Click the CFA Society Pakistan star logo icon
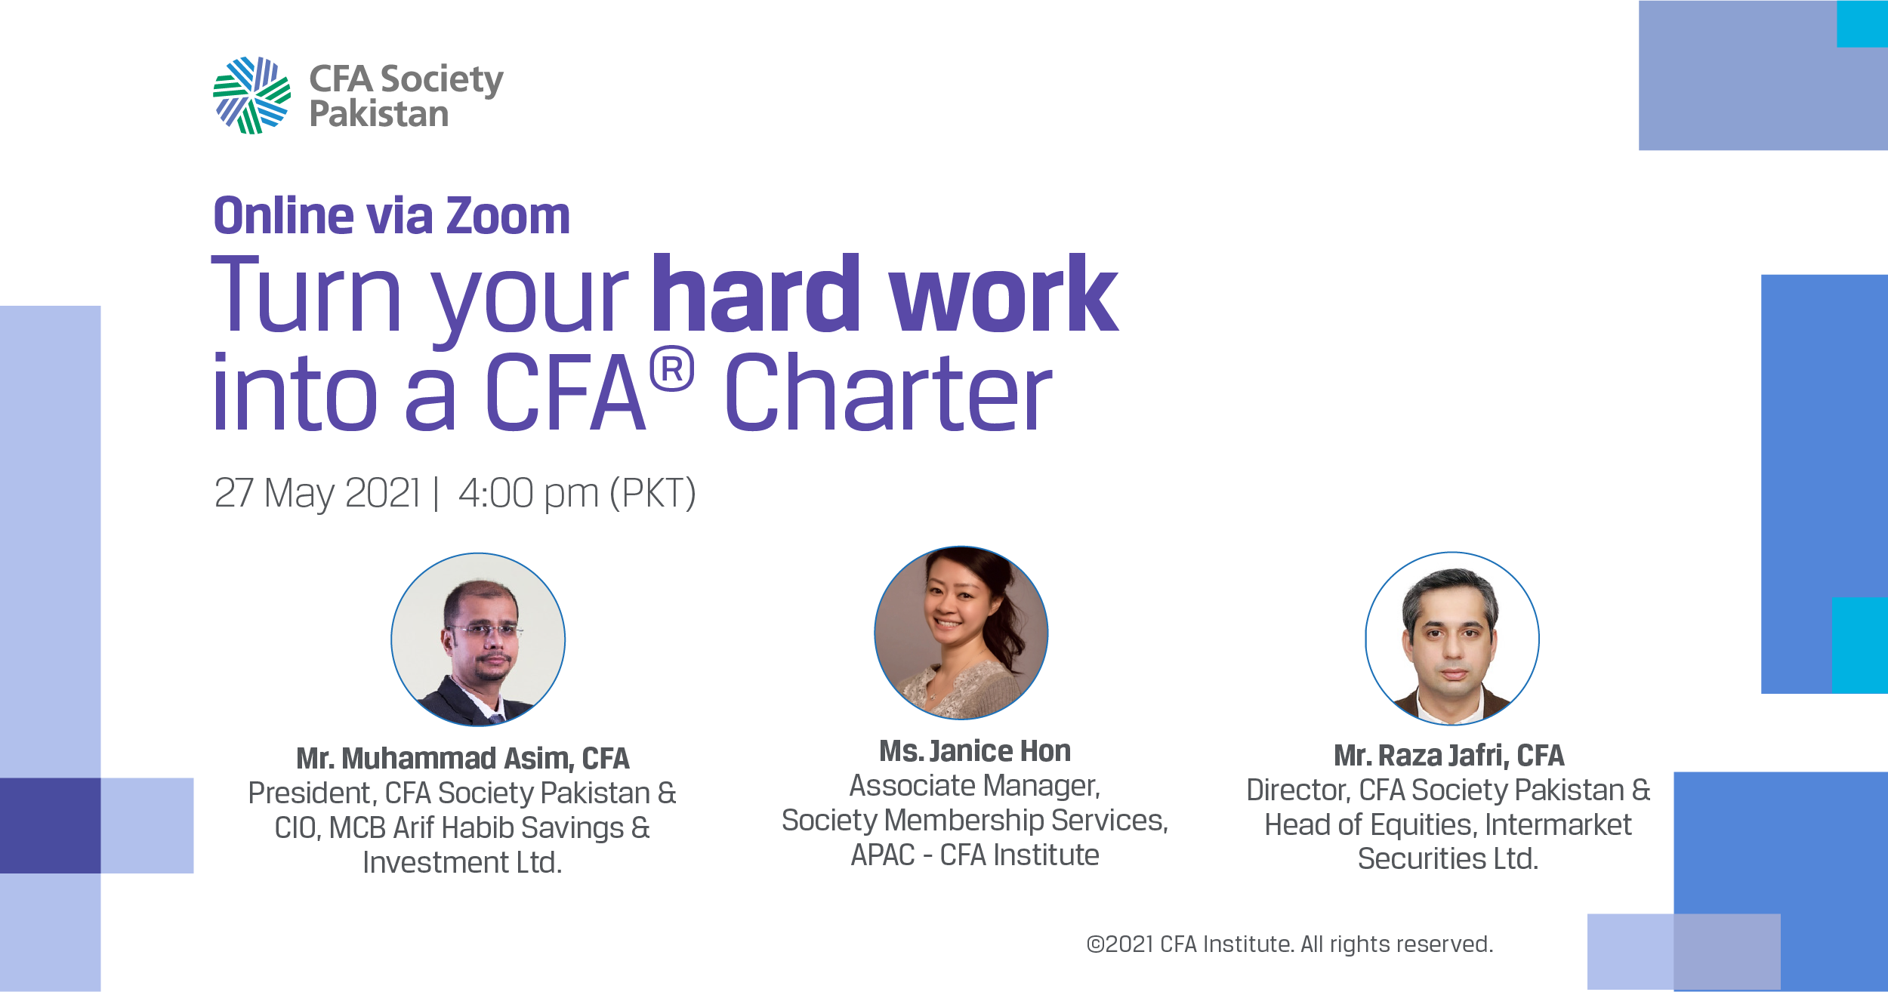pos(251,95)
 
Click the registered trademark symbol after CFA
pos(671,369)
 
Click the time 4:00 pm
pos(529,493)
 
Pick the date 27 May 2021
pos(317,493)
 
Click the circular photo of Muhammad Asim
pos(478,639)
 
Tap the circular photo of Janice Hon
pos(961,633)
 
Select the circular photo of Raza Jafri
pos(1452,639)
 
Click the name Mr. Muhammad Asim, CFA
pos(463,759)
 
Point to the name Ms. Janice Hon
pos(975,751)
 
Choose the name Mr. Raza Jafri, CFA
pos(1449,756)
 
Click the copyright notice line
pos(1290,944)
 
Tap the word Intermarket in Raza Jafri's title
pos(1558,825)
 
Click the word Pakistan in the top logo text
pos(379,115)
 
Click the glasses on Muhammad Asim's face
pos(483,630)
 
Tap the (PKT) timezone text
pos(652,494)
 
